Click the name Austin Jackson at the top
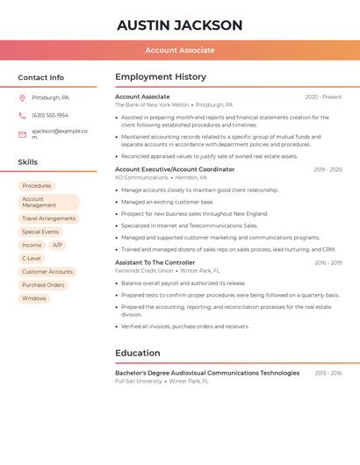179,25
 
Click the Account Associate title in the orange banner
180,50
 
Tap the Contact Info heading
41,77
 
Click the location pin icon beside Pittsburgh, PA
22,97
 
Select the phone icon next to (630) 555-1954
22,115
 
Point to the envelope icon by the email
22,134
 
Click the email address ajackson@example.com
59,133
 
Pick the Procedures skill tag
37,186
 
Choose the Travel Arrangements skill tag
48,218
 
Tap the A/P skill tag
56,246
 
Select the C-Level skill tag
32,259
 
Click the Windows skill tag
34,298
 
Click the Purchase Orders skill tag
43,285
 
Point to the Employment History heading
161,77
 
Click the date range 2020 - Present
323,97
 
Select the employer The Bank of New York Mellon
152,104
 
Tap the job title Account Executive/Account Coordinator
175,169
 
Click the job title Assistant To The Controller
155,262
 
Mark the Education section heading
137,354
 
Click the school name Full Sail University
139,382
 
